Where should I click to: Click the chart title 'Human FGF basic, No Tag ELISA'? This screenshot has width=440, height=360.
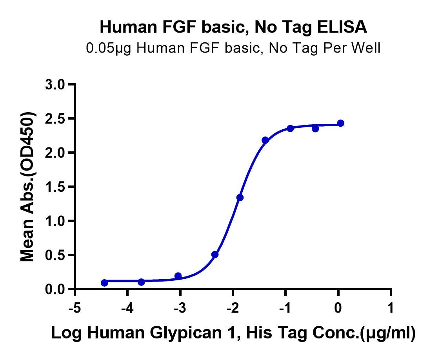tap(233, 27)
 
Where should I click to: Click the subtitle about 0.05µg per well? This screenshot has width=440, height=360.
tap(233, 48)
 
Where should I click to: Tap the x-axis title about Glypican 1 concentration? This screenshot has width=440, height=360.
tap(233, 333)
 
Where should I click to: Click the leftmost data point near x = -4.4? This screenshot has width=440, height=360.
tap(104, 283)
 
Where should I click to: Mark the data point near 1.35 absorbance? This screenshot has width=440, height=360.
tap(240, 197)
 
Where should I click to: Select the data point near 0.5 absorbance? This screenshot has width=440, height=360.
tap(215, 255)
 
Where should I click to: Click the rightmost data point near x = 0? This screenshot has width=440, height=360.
tap(340, 123)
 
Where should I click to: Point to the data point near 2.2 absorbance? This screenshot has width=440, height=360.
tap(265, 140)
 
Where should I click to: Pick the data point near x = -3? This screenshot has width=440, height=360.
tap(178, 276)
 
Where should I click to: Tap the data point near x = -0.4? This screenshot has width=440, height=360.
tap(315, 128)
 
